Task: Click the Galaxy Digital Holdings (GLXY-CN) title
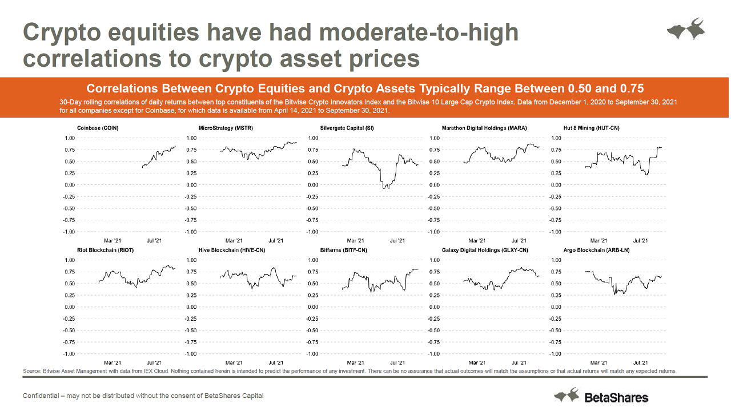[485, 250]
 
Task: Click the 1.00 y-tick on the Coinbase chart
[69, 138]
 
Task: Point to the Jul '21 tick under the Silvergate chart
[397, 240]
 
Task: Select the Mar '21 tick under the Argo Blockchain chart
[599, 362]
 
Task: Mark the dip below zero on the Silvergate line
[387, 186]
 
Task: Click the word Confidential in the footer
[41, 396]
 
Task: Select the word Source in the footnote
[31, 372]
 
